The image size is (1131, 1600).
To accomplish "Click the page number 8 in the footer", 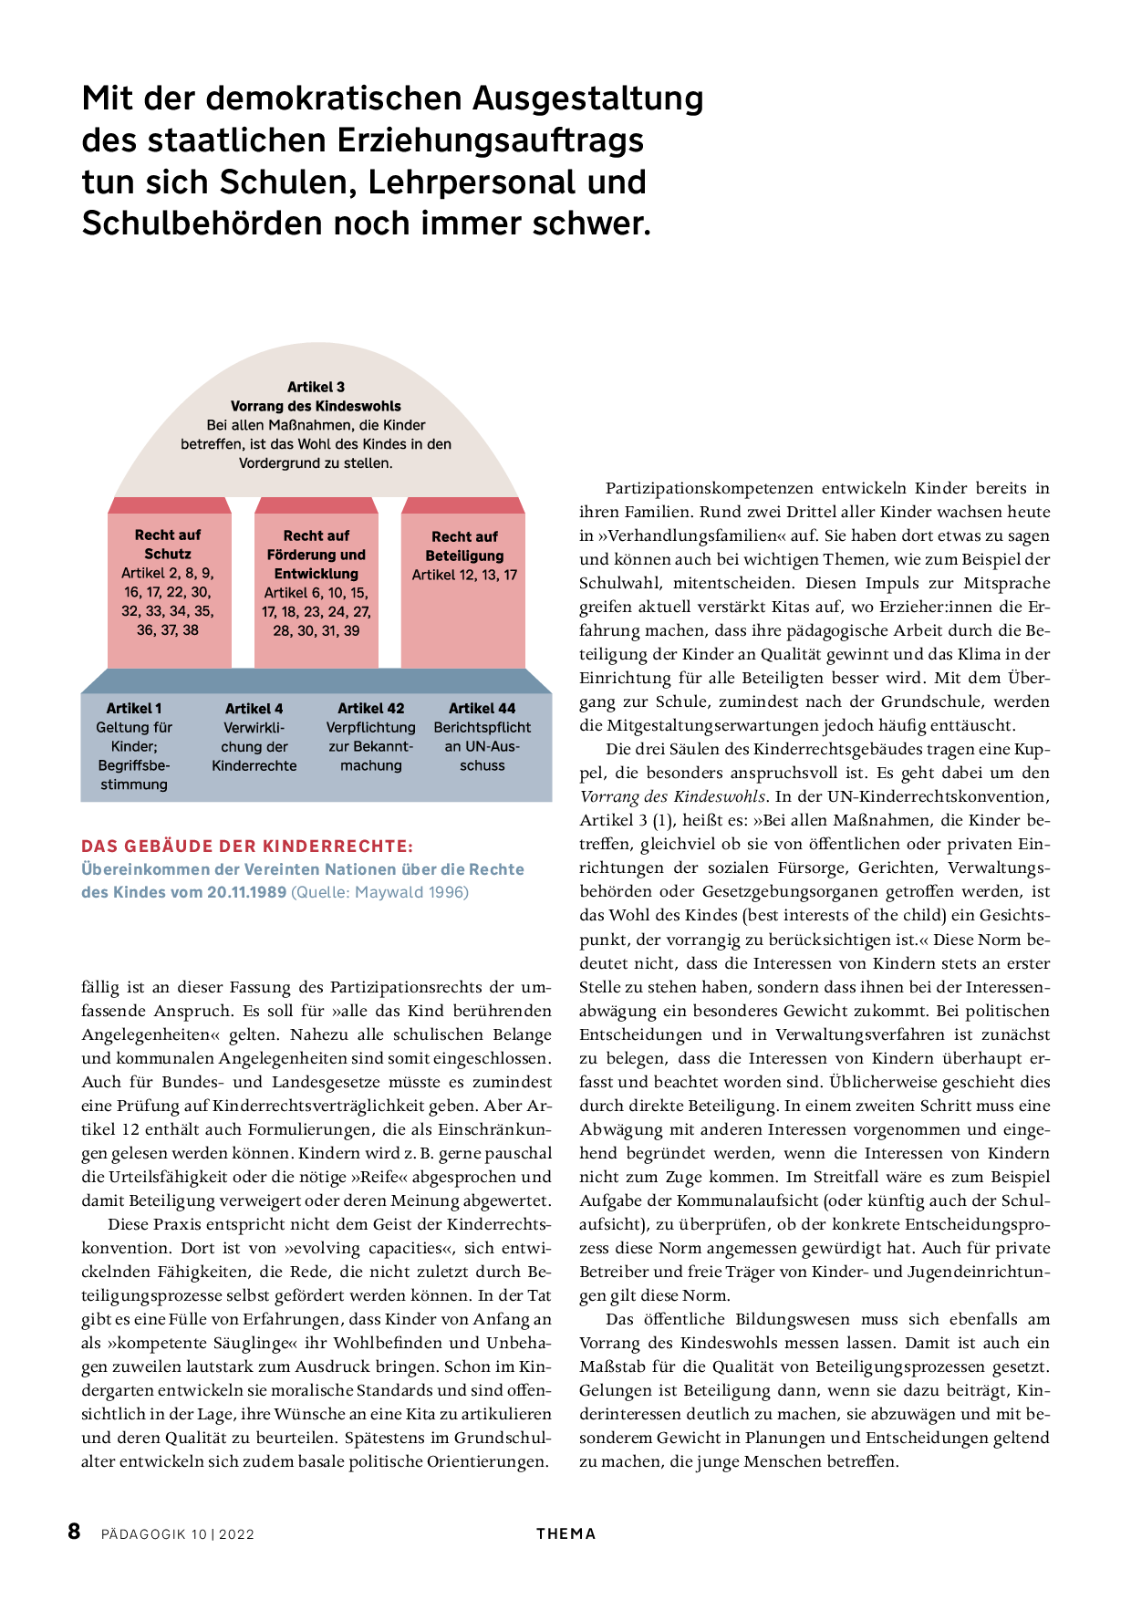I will point(74,1532).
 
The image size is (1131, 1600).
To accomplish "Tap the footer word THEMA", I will point(565,1533).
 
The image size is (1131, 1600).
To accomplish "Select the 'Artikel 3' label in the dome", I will point(316,387).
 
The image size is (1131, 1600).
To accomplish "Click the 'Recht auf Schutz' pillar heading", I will point(168,545).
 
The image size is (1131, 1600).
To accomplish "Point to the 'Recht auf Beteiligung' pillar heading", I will point(464,546).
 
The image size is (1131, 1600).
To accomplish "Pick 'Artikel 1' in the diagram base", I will point(134,708).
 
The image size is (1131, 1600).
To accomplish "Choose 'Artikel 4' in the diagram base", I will point(254,708).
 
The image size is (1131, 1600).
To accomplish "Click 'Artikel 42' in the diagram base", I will point(370,708).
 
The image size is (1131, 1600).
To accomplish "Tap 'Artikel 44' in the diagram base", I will point(482,708).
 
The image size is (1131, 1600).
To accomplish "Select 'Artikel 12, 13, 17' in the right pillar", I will point(464,575).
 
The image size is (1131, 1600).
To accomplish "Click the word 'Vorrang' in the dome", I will point(258,406).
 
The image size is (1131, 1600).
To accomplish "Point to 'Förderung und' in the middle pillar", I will point(316,555).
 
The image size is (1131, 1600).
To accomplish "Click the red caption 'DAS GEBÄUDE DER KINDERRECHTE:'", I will point(247,846).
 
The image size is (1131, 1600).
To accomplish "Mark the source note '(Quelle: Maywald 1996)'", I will point(379,892).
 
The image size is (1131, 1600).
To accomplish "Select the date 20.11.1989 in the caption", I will point(246,892).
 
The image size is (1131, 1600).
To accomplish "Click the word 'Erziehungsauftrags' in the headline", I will point(490,140).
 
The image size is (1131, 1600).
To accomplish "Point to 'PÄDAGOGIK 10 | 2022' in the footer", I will point(178,1534).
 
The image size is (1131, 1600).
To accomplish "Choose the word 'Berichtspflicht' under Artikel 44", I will point(482,727).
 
